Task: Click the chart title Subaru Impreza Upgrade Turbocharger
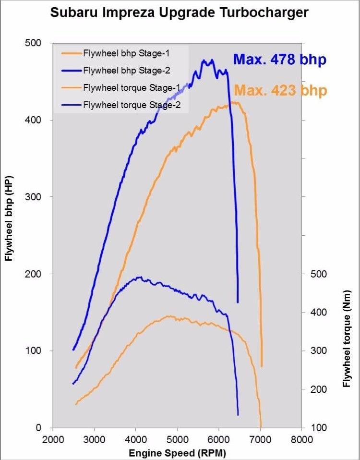[179, 12]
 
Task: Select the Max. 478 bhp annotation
[279, 60]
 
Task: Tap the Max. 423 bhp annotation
[280, 91]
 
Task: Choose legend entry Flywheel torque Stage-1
[132, 87]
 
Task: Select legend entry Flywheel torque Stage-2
[132, 105]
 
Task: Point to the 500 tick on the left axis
[34, 43]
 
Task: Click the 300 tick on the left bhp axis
[34, 197]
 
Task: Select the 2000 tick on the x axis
[53, 439]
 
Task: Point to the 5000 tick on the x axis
[177, 439]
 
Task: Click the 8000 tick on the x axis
[302, 439]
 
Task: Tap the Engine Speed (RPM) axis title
[177, 452]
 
